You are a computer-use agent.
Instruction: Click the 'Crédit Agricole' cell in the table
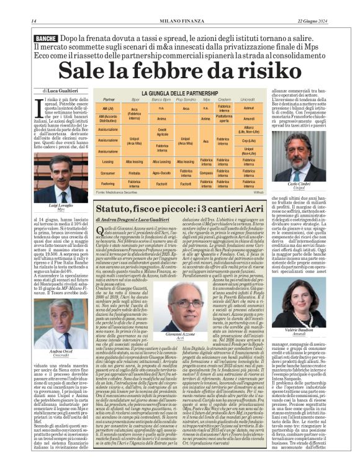tap(162, 132)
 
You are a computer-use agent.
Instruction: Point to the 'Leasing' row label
tap(108, 161)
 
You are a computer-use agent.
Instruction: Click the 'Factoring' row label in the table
tap(108, 183)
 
